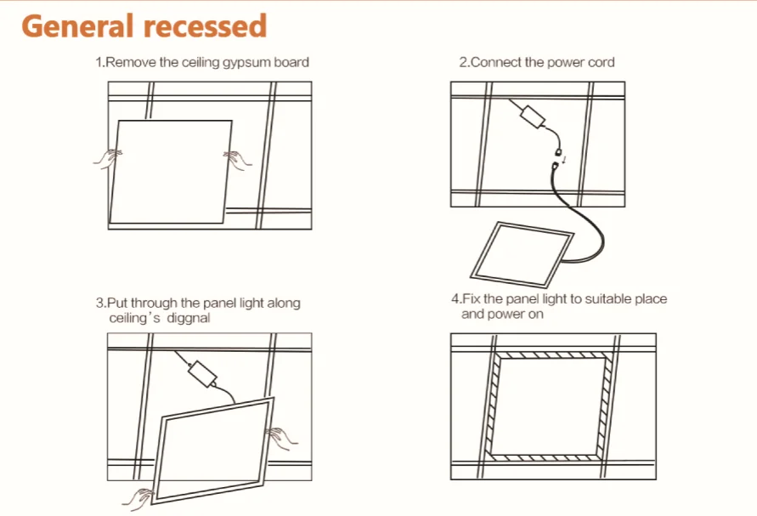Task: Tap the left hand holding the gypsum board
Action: point(107,156)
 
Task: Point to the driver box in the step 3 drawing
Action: point(205,371)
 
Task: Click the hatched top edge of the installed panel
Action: point(553,354)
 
